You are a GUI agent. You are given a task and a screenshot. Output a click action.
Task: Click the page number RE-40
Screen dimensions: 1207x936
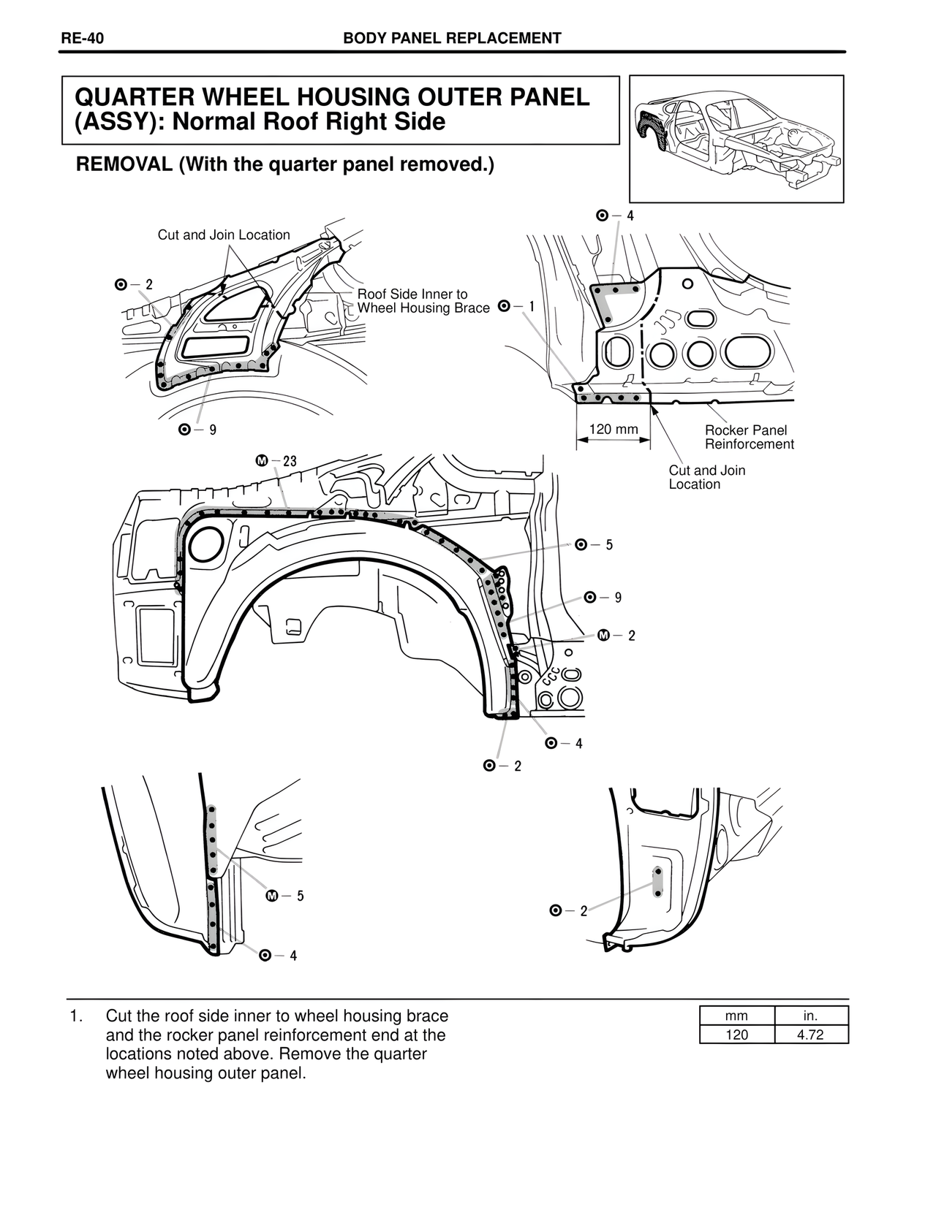click(81, 39)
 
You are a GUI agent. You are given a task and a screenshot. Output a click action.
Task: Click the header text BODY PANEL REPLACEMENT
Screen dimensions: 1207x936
click(452, 39)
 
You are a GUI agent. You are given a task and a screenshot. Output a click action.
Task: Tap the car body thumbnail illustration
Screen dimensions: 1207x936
click(736, 139)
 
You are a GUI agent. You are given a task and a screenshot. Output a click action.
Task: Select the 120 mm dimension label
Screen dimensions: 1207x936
click(613, 429)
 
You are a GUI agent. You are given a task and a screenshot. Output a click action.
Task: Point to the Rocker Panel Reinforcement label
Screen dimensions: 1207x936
click(749, 437)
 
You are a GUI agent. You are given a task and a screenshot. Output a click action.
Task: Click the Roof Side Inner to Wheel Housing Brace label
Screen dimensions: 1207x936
click(423, 301)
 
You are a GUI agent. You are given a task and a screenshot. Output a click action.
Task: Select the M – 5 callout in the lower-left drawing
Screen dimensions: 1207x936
click(284, 896)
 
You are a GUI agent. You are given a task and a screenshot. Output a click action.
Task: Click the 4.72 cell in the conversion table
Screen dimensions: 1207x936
click(810, 1035)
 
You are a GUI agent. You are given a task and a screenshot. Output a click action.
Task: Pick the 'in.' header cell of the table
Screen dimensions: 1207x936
click(810, 1016)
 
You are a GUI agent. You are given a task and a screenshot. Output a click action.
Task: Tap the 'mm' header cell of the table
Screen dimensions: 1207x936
click(736, 1016)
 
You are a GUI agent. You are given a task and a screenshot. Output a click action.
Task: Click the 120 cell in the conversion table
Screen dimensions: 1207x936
click(736, 1035)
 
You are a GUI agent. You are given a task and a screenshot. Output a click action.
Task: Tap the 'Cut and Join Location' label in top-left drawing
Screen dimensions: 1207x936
click(224, 235)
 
